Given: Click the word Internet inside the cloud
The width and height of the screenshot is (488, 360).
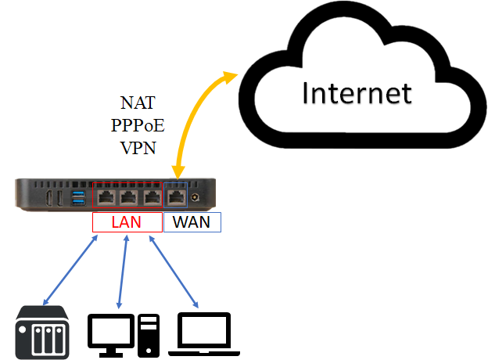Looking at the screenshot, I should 357,93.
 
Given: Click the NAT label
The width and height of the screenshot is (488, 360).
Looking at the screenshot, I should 138,103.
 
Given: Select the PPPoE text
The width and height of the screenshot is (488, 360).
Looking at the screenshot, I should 138,125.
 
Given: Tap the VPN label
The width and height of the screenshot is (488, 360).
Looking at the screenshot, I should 138,147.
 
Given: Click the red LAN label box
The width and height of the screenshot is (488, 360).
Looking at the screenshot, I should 127,222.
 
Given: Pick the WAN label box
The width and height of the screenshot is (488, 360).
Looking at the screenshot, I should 192,222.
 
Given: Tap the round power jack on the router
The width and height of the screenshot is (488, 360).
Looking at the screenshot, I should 193,198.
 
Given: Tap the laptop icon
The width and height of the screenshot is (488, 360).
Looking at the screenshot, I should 204,333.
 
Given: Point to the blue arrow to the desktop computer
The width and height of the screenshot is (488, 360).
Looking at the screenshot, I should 123,269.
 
